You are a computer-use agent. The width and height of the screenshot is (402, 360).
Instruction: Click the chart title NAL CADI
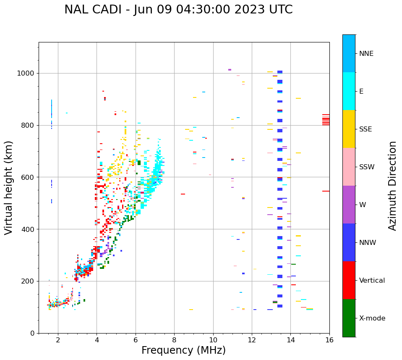click(178, 10)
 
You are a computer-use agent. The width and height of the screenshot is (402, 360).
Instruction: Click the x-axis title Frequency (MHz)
click(183, 350)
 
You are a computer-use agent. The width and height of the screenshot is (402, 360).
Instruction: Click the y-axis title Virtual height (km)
click(9, 188)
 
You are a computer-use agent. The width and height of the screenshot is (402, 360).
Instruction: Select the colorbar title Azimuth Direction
click(392, 186)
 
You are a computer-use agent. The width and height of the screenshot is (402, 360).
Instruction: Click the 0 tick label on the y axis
click(32, 333)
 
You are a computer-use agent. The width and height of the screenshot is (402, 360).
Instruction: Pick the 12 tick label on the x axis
click(252, 340)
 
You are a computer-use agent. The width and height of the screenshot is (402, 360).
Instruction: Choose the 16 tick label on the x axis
click(329, 340)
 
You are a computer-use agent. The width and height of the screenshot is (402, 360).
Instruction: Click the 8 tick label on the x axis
click(174, 340)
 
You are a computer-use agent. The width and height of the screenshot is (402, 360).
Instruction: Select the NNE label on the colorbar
click(366, 54)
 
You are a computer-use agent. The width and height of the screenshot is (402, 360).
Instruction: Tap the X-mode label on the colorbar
click(372, 318)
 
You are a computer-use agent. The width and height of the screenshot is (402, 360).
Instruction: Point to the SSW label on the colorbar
click(367, 167)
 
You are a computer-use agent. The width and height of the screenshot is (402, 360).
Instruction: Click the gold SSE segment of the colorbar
click(349, 129)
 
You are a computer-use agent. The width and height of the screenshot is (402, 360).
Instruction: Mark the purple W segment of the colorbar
click(349, 205)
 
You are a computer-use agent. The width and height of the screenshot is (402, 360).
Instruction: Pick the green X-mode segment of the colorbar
click(349, 318)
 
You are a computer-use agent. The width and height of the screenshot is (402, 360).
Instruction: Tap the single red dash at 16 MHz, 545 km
click(326, 191)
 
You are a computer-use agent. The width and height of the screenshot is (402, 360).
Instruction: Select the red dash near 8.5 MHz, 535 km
click(183, 194)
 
